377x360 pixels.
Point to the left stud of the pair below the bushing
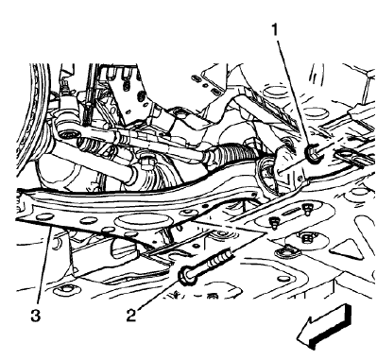click(x=273, y=222)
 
